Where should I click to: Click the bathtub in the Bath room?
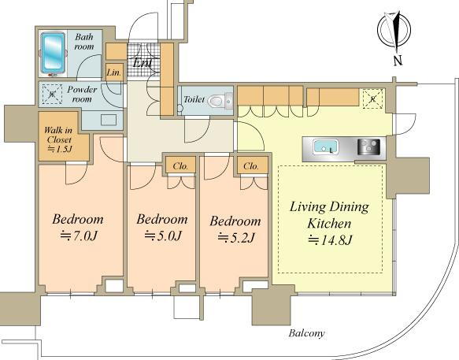pyautogui.click(x=53, y=53)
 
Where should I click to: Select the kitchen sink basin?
pyautogui.click(x=325, y=147)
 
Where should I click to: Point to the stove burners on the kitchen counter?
pyautogui.click(x=368, y=147)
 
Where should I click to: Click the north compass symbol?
pyautogui.click(x=394, y=31)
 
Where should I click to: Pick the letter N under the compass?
pyautogui.click(x=398, y=61)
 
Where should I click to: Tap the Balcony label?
pyautogui.click(x=306, y=333)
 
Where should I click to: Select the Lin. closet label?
pyautogui.click(x=114, y=72)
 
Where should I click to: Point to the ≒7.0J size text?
pyautogui.click(x=78, y=236)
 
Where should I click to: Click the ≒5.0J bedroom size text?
pyautogui.click(x=163, y=236)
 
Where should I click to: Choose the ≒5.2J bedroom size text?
pyautogui.click(x=235, y=238)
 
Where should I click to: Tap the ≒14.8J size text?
pyautogui.click(x=330, y=240)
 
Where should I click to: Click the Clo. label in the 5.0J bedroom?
pyautogui.click(x=180, y=166)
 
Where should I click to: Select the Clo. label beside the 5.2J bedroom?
pyautogui.click(x=251, y=166)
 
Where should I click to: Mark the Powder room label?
pyautogui.click(x=82, y=94)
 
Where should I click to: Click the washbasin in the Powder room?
pyautogui.click(x=109, y=120)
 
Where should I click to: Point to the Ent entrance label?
pyautogui.click(x=143, y=62)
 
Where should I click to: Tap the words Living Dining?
pyautogui.click(x=329, y=207)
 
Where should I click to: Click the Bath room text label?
pyautogui.click(x=84, y=42)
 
